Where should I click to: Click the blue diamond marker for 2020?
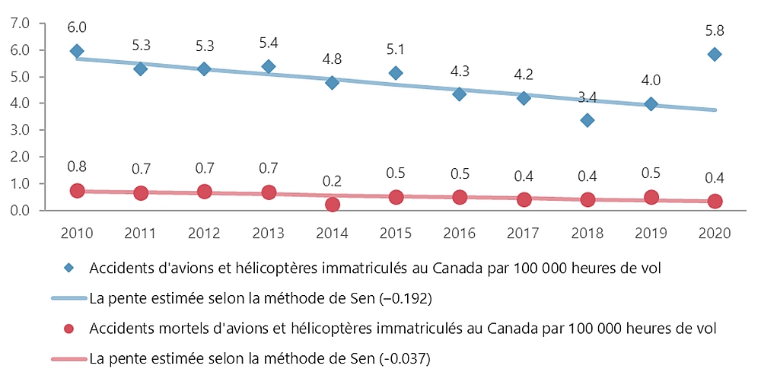click(x=714, y=54)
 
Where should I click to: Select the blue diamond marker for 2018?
click(x=587, y=120)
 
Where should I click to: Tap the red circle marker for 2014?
click(x=332, y=205)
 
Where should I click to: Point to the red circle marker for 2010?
click(x=77, y=190)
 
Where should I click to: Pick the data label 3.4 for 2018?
click(x=587, y=97)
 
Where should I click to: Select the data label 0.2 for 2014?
click(x=332, y=182)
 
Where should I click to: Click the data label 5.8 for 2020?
click(x=714, y=31)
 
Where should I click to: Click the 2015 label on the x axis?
click(x=395, y=232)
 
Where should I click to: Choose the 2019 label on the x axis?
click(x=650, y=232)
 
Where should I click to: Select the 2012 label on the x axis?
click(x=204, y=232)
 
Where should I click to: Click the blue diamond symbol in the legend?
click(x=68, y=269)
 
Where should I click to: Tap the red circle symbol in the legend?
click(x=68, y=329)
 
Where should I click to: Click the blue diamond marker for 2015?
click(x=395, y=73)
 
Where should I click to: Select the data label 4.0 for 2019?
click(x=650, y=81)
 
